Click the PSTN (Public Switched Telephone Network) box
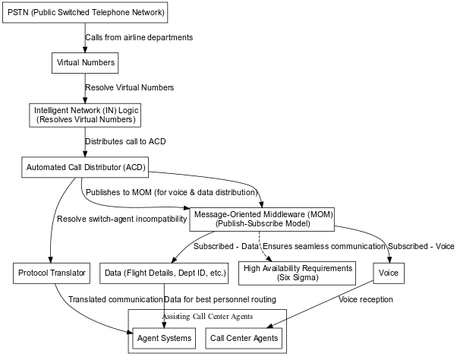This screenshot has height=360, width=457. (85, 13)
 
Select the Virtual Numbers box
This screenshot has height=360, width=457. (85, 63)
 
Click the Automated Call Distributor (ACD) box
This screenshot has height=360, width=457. (85, 166)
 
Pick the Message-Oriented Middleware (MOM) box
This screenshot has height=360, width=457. (263, 219)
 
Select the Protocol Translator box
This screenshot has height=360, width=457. (52, 273)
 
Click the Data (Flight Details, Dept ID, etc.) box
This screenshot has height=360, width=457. (164, 273)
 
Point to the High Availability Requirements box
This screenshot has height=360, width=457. (298, 273)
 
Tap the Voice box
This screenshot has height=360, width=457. (389, 273)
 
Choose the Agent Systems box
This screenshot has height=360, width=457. (164, 337)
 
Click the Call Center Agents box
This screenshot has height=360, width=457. (244, 337)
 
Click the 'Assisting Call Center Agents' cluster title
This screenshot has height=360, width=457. (207, 316)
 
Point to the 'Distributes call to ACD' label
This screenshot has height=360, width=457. (125, 141)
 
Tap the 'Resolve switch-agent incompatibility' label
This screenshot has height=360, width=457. (121, 219)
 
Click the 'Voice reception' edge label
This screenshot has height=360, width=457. (366, 300)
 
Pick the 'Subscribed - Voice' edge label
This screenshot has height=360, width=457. (421, 246)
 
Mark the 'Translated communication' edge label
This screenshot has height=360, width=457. (115, 300)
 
